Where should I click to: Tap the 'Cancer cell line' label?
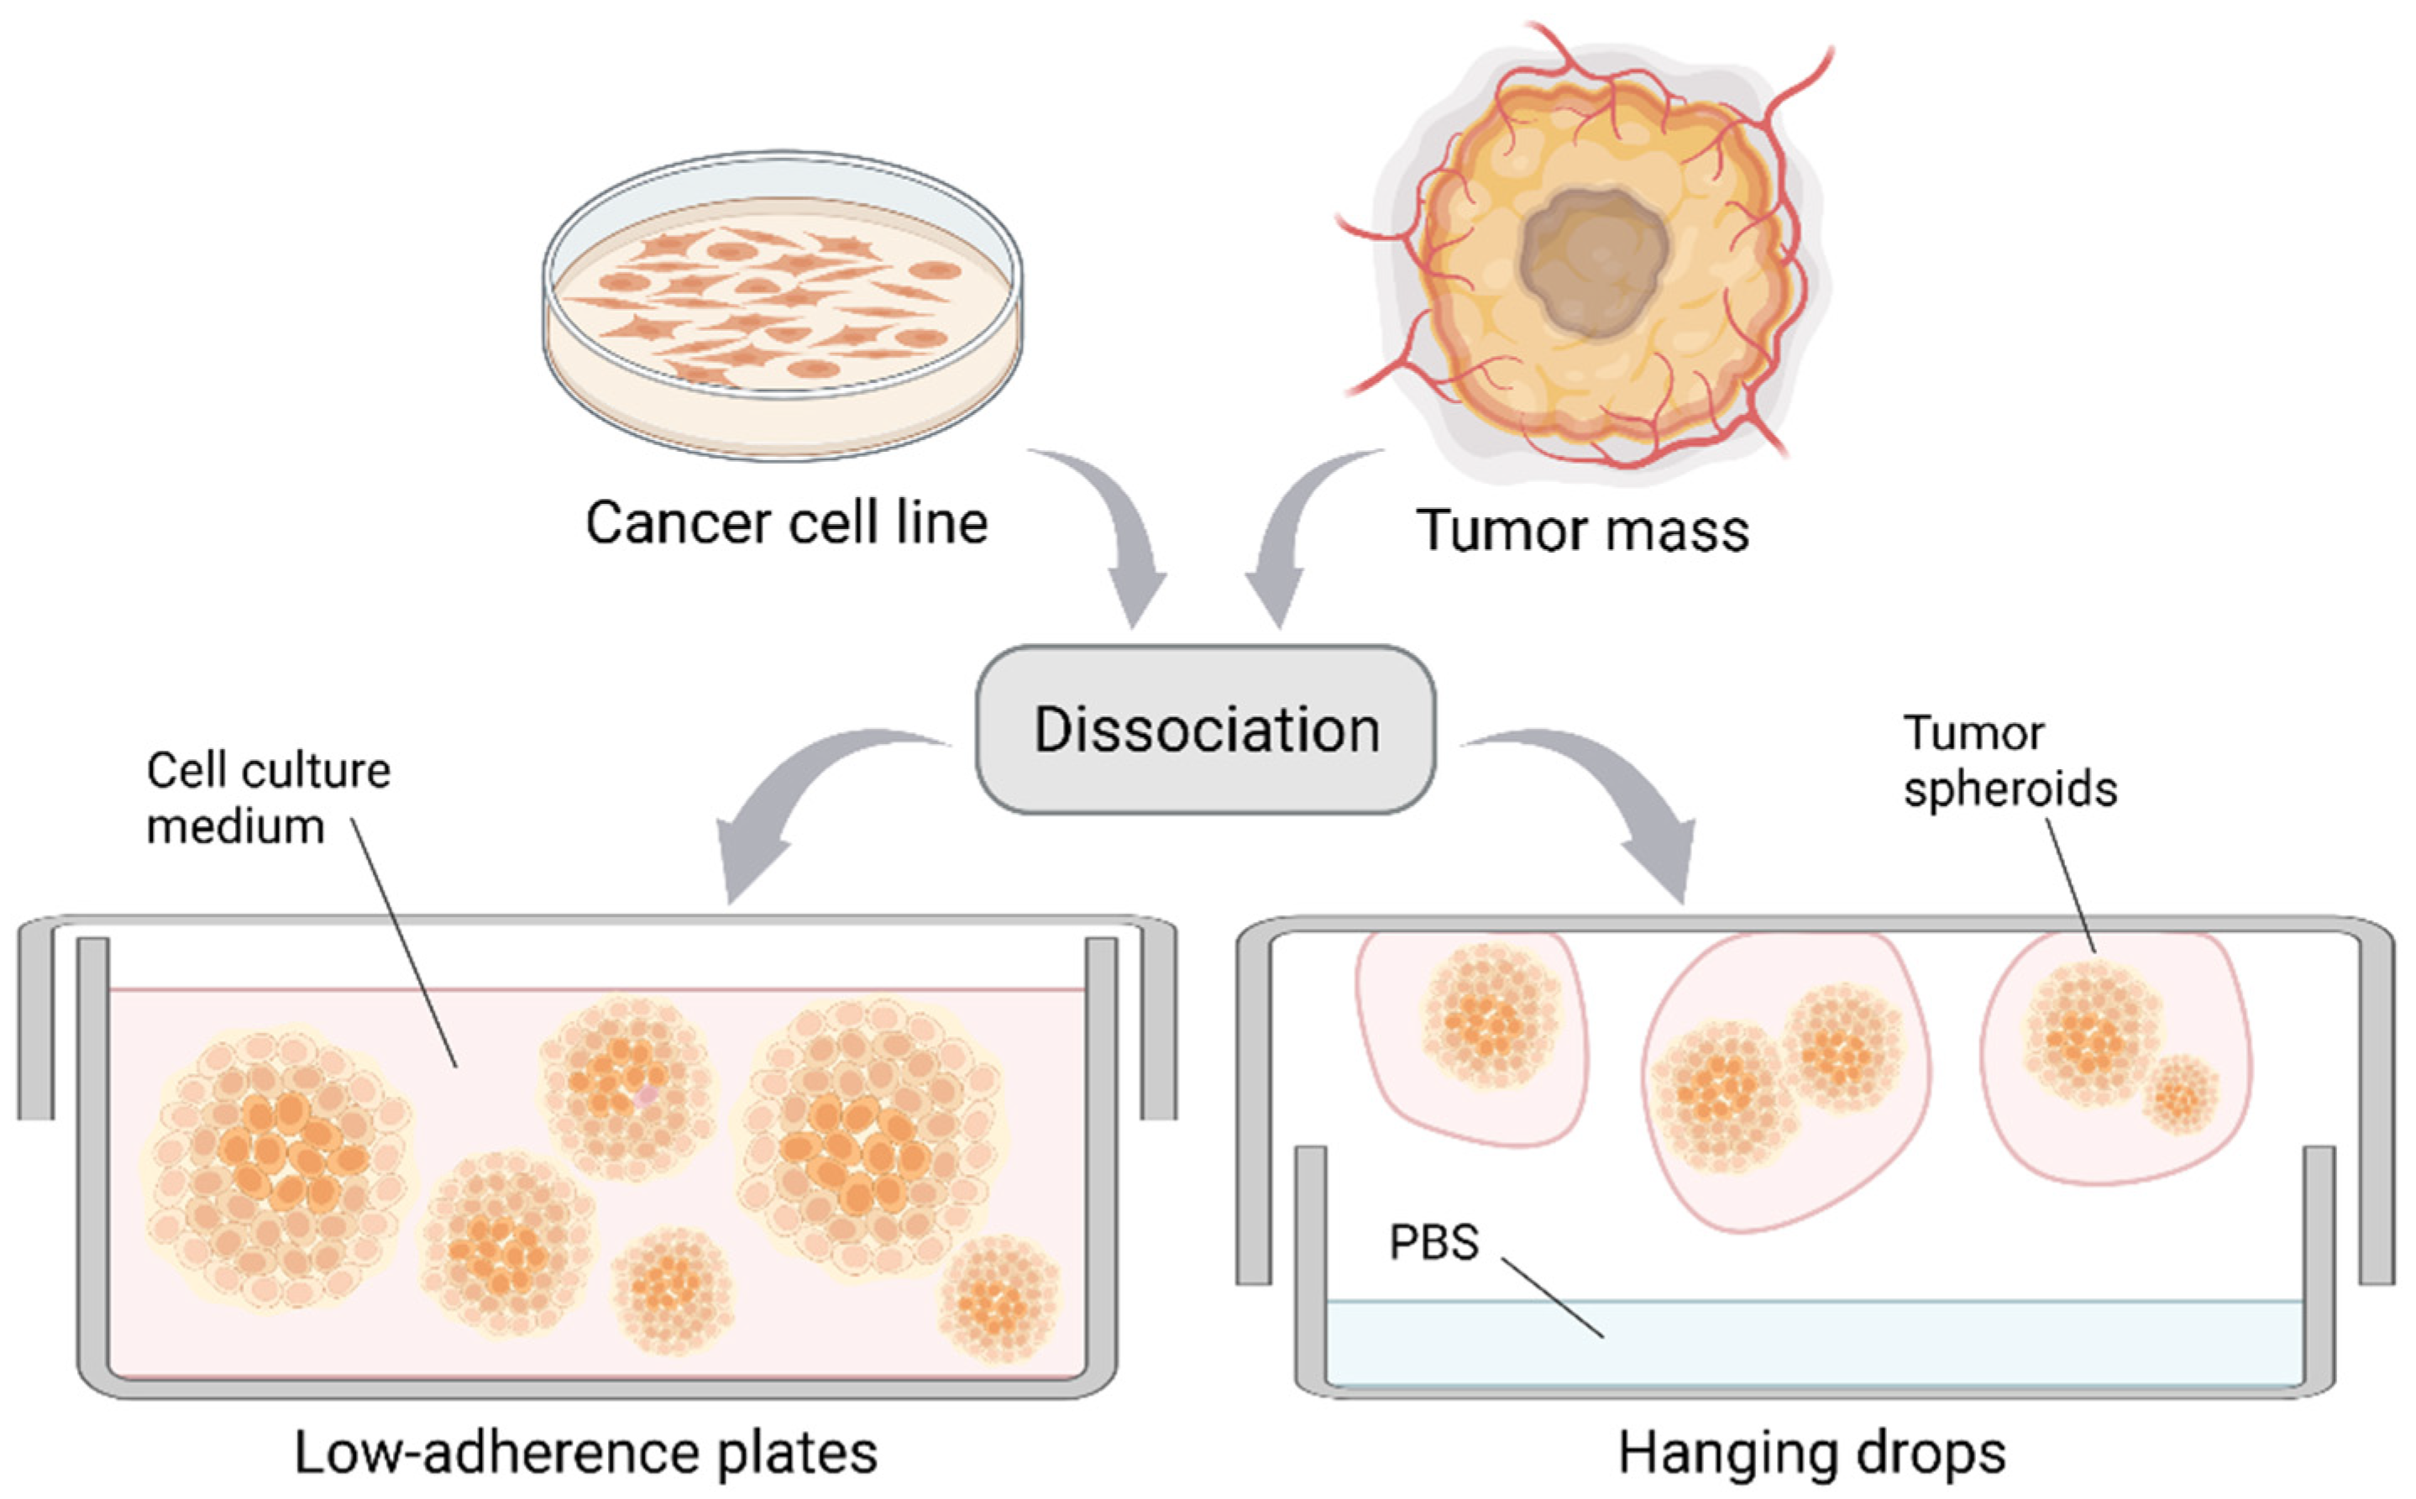point(786,522)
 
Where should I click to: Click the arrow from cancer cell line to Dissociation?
point(1120,536)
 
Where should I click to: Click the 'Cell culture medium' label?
point(268,798)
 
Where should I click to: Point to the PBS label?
point(1433,1242)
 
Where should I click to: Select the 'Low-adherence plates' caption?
point(585,1454)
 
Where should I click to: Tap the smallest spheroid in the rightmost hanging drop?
point(2180,1094)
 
